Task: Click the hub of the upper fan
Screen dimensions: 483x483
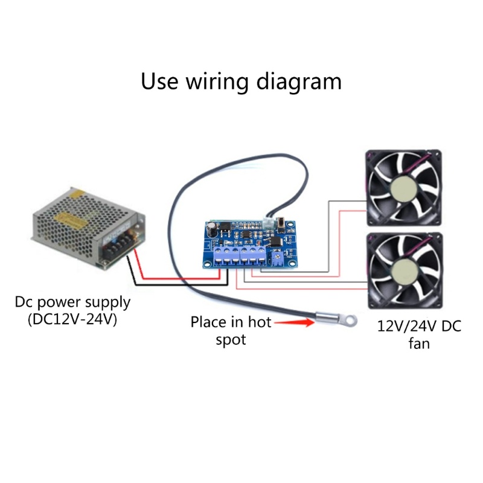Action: point(404,190)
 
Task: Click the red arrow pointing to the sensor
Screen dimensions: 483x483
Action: point(301,323)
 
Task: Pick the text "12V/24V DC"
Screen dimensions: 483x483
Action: point(419,327)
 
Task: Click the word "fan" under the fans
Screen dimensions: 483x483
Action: point(418,344)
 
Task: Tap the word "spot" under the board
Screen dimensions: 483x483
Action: point(231,340)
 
